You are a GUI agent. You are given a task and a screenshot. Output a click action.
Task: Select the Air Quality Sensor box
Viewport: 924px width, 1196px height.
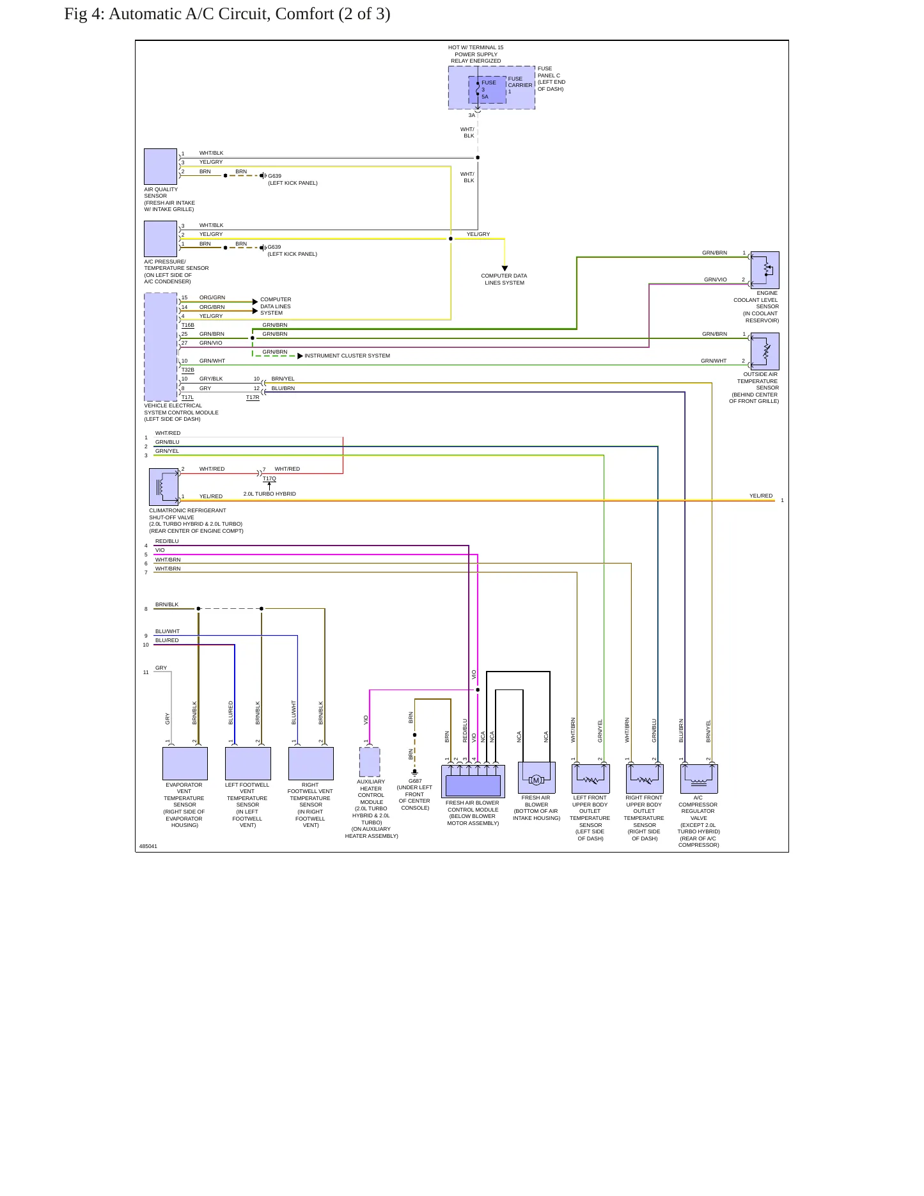pos(161,166)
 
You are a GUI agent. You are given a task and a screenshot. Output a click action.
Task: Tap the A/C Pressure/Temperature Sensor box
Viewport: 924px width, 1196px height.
pos(161,239)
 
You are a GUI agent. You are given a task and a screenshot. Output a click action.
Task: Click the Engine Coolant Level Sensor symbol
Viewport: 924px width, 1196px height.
pos(765,270)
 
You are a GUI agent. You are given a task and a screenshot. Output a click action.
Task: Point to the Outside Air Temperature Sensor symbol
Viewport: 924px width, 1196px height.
pos(765,351)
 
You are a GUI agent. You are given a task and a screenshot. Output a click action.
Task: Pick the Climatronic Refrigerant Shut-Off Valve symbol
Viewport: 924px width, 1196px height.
pos(164,487)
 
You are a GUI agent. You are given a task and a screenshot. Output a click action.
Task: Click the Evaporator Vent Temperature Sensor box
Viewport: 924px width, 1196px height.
pos(185,763)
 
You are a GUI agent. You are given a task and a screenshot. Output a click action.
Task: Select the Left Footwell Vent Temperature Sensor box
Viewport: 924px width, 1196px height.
pos(247,763)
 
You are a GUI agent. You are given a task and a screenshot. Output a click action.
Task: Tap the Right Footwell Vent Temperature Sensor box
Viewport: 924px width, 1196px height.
pos(311,763)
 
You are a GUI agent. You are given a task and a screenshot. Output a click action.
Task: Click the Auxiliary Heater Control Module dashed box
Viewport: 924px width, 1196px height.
pos(370,762)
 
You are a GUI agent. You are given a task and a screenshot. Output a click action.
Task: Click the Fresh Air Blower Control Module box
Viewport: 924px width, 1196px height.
pos(473,781)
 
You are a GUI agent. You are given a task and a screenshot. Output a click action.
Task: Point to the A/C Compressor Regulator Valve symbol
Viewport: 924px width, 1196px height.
pos(699,778)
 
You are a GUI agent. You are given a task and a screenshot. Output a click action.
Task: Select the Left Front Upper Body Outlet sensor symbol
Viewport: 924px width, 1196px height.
pos(590,778)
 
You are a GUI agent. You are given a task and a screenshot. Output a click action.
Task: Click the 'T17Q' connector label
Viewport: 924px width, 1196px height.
pos(269,478)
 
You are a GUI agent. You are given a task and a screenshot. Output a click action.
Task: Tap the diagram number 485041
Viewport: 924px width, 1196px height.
pos(148,846)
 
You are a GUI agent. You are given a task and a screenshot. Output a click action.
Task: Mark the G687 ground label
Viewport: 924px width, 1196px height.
pos(415,781)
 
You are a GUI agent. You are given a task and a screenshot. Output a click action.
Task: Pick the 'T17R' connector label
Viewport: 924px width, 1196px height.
pos(253,398)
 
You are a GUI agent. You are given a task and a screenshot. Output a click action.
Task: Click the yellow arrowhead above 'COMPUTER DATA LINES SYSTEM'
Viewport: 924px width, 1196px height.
pos(505,269)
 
